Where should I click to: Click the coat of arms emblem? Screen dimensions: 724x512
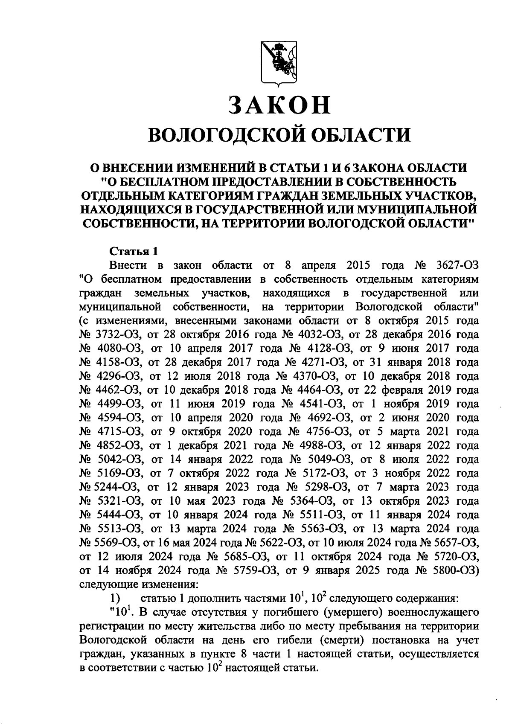pos(278,64)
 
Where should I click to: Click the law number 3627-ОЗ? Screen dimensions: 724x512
pos(458,265)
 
